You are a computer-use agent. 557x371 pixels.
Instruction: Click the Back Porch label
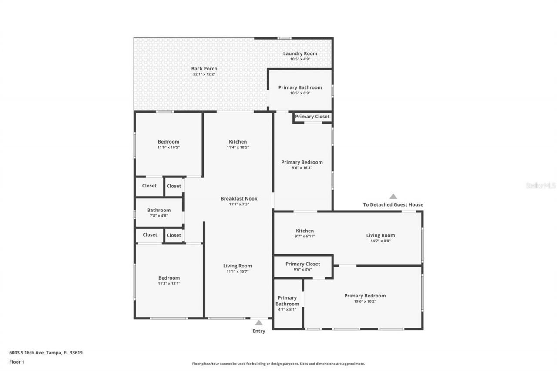tap(204, 69)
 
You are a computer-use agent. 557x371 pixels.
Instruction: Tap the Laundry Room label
tap(300, 53)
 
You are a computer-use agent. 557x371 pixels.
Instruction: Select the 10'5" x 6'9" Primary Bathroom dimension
tap(300, 93)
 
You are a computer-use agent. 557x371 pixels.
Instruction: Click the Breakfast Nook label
tap(239, 199)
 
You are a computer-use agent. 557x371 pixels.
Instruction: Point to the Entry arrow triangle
tap(259, 322)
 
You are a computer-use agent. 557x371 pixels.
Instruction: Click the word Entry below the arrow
tap(259, 331)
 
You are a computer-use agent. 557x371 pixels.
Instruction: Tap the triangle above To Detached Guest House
tap(393, 196)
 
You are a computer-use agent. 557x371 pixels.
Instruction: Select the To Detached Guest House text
tap(393, 204)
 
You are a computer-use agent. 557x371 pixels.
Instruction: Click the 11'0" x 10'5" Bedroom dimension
tap(168, 147)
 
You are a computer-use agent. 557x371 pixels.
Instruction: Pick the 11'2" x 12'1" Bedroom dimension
tap(169, 284)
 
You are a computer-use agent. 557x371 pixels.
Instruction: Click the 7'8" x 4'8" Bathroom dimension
tap(159, 216)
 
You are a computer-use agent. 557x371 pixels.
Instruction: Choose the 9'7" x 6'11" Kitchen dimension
tap(305, 236)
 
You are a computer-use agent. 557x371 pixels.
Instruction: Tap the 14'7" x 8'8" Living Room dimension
tap(380, 241)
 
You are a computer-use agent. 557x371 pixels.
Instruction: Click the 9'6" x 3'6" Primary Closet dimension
tap(302, 269)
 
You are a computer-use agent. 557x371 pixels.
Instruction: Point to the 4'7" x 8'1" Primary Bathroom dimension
tap(287, 309)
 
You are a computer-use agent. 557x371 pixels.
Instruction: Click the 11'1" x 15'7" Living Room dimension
tap(238, 271)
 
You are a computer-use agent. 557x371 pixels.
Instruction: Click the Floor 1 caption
tap(17, 361)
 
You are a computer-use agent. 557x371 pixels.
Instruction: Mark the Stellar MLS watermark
tap(540, 185)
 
